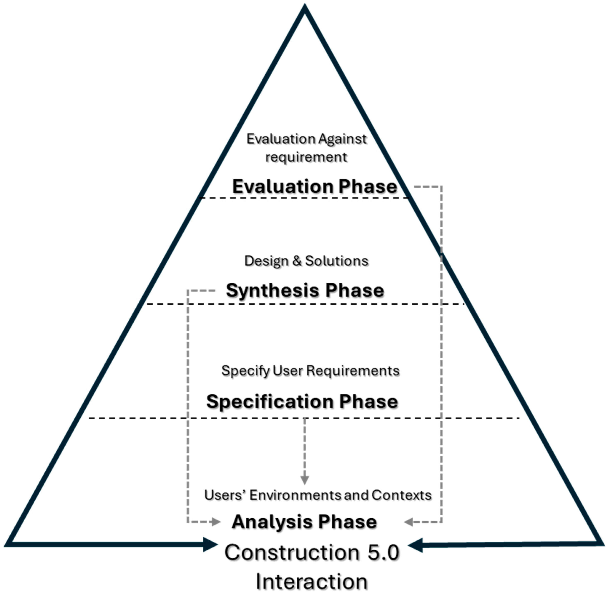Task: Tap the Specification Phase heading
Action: (x=302, y=401)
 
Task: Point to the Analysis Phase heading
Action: (x=304, y=522)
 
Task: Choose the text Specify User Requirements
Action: (x=310, y=371)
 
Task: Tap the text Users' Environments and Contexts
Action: (x=318, y=495)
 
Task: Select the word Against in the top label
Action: (x=342, y=139)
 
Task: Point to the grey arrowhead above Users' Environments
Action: (x=305, y=480)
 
